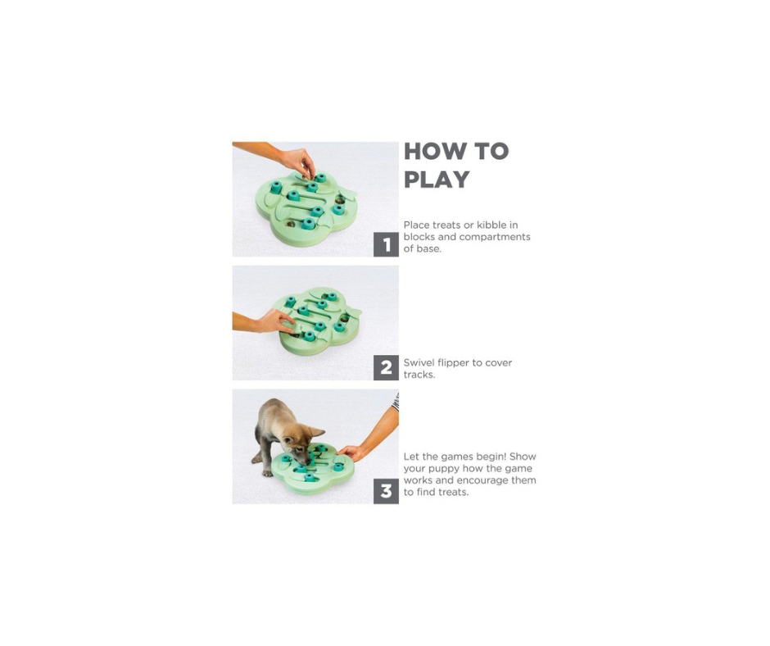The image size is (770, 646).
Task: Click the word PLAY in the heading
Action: [437, 180]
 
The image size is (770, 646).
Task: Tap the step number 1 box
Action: [386, 244]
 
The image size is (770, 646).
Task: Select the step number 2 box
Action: [386, 368]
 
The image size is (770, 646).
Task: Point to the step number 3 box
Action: [386, 491]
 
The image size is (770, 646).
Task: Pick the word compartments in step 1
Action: [495, 238]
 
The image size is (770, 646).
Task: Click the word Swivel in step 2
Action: [419, 363]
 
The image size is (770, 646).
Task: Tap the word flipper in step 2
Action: [453, 363]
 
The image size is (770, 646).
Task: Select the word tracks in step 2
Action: [419, 375]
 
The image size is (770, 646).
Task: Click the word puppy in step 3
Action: [444, 469]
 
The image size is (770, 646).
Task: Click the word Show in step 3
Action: [523, 457]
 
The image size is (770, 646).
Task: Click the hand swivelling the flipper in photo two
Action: [275, 321]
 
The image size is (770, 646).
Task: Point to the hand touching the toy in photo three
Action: [351, 453]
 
